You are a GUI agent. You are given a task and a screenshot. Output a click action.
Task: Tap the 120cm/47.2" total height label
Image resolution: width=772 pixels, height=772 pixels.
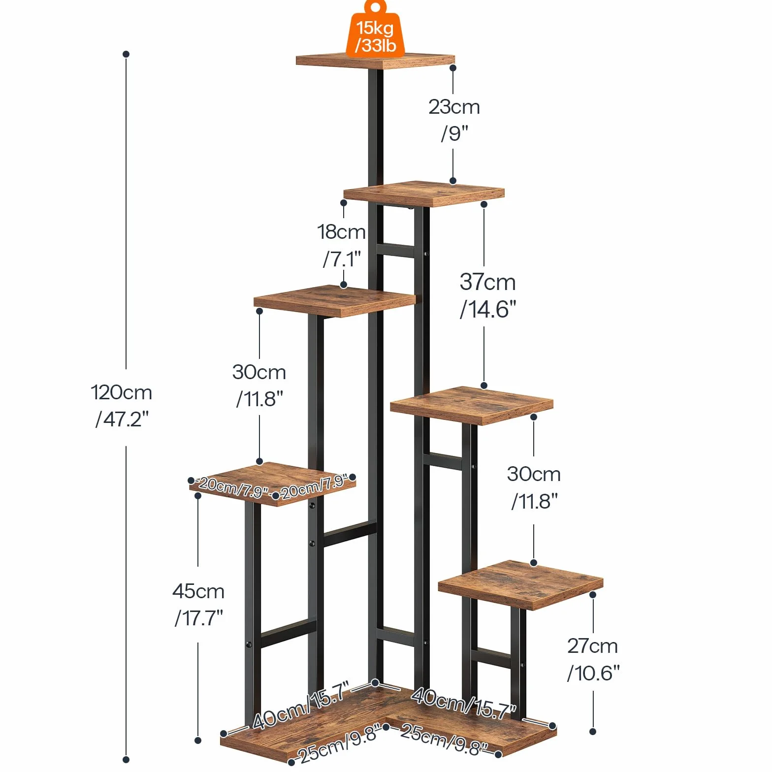(x=122, y=406)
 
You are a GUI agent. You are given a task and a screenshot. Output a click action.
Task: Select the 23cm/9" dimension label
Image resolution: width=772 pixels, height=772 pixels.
(x=454, y=120)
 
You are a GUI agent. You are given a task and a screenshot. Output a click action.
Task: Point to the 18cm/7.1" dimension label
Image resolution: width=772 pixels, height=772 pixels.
(x=342, y=245)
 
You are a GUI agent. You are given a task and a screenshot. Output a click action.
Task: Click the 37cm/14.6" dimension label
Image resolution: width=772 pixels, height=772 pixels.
(x=488, y=295)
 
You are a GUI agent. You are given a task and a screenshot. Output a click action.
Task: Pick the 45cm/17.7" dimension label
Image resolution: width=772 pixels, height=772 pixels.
(x=198, y=604)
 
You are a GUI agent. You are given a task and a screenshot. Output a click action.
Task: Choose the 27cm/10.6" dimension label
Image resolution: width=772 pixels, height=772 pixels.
(x=593, y=659)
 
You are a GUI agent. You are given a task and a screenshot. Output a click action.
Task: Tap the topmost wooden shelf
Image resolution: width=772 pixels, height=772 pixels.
(x=375, y=61)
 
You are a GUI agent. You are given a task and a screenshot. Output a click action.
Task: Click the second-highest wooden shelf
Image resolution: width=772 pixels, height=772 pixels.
(x=424, y=193)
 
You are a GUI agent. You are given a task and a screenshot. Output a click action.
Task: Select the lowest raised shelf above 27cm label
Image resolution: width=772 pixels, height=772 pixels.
(x=520, y=584)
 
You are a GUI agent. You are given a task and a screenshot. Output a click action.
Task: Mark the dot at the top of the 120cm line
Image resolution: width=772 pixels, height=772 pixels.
(x=126, y=54)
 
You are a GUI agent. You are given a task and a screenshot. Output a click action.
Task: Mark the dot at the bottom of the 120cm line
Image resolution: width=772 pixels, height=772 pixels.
(x=126, y=760)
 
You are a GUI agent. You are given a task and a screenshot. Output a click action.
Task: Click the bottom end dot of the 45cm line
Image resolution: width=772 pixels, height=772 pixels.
(x=198, y=740)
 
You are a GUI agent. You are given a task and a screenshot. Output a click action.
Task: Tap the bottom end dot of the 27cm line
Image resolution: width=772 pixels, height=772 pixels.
(x=593, y=732)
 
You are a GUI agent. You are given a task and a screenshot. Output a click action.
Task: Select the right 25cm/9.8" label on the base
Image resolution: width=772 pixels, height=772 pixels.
(x=443, y=739)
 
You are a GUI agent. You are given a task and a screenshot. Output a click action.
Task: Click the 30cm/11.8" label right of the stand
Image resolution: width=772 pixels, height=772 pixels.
(x=534, y=487)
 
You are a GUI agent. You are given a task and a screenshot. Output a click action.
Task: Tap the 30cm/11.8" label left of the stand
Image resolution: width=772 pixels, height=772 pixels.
(x=259, y=386)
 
